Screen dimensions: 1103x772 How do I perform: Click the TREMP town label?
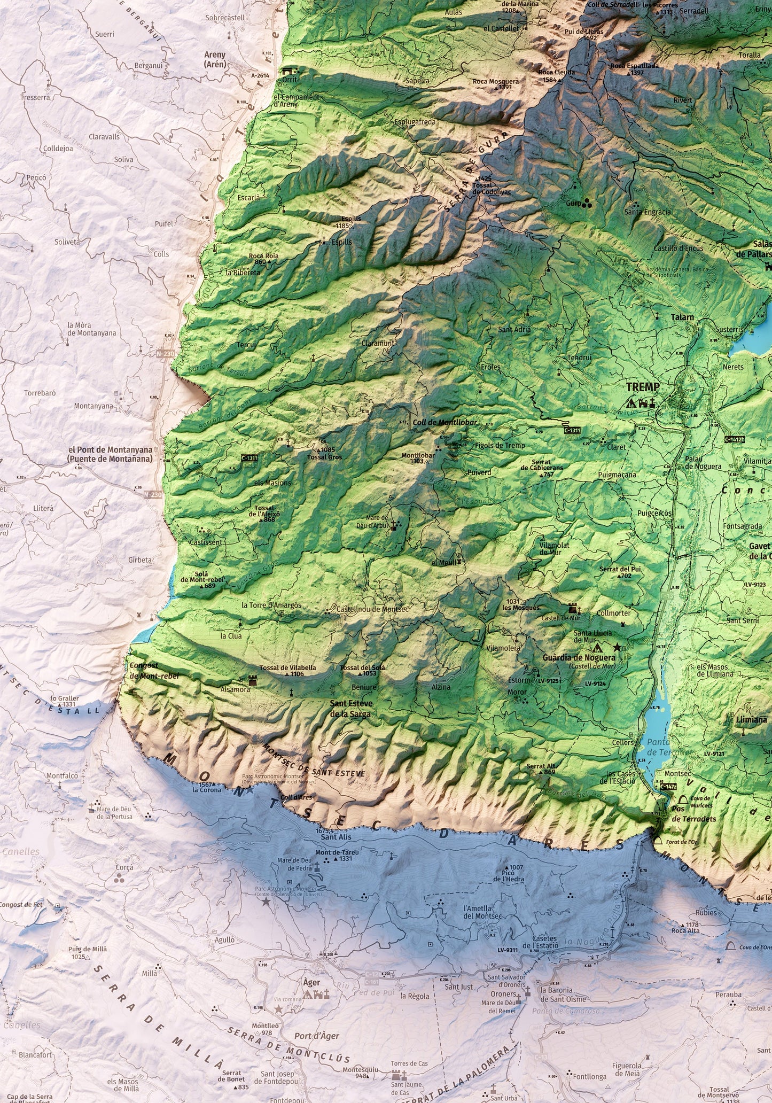(642, 386)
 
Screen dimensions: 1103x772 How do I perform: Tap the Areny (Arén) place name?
(215, 59)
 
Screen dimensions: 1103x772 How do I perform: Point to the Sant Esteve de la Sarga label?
(351, 709)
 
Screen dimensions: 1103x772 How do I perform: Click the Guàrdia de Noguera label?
(579, 658)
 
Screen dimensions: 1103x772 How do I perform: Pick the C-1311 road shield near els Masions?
(249, 458)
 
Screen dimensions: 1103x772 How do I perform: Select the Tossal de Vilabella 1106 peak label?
(287, 671)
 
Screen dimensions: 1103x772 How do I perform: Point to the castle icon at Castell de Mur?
(572, 608)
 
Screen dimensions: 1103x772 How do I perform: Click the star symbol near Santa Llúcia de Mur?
(618, 647)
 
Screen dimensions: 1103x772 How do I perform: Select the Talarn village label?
(682, 317)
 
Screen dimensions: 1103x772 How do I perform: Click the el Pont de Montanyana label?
(110, 454)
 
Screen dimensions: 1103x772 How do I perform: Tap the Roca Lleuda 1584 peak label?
(556, 75)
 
